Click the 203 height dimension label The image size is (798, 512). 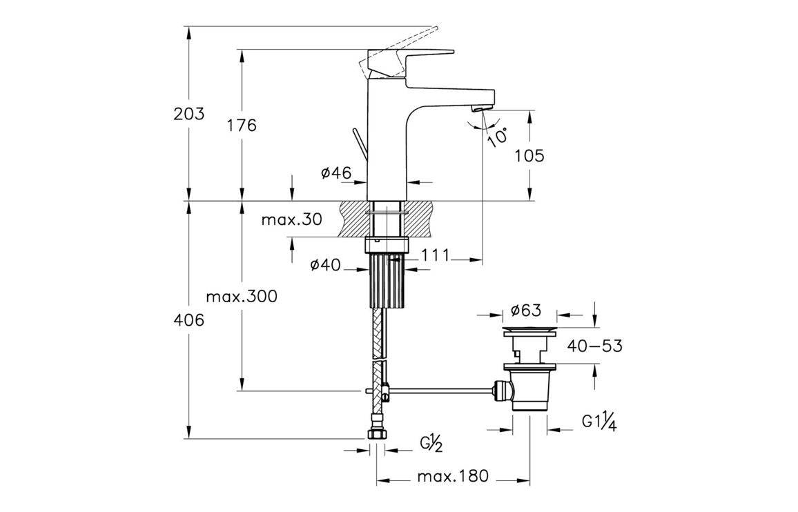click(188, 114)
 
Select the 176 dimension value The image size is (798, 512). click(241, 126)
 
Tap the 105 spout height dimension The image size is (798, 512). click(529, 156)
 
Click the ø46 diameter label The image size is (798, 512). click(336, 174)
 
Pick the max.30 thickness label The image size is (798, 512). click(292, 220)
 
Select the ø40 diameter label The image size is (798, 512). click(326, 264)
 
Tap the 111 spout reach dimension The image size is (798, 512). click(435, 255)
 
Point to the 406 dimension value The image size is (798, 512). click(188, 320)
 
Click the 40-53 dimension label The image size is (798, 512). click(594, 345)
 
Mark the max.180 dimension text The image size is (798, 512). click(454, 476)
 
